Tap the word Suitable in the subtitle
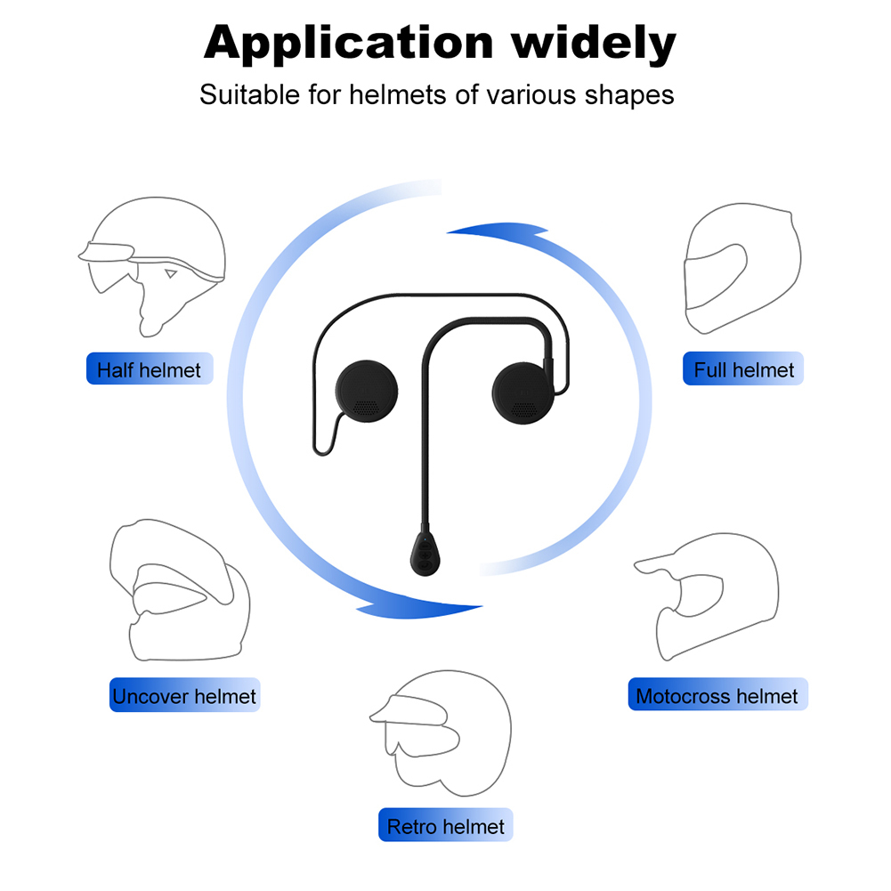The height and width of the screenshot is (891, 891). point(249,94)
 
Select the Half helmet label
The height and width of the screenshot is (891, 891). point(150,369)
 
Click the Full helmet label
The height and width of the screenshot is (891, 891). point(742,369)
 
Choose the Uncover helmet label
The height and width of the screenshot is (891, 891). point(184,695)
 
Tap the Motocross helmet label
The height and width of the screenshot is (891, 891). point(717,694)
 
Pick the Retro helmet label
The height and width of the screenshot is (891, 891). point(445,825)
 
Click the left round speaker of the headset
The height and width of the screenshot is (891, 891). point(367,391)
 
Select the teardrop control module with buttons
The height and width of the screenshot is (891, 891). point(425,553)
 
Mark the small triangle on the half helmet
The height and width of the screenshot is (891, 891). point(171,274)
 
